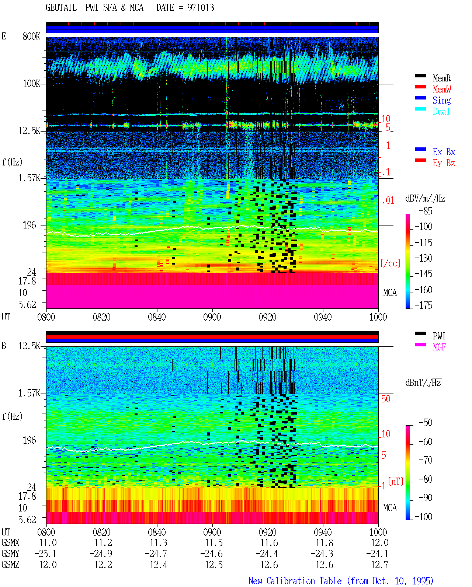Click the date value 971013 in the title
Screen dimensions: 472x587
tap(201, 7)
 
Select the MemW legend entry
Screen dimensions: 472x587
tap(442, 89)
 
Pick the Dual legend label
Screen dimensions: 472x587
tap(441, 111)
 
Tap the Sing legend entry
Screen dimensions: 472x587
tap(442, 100)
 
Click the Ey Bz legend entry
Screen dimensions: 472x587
tap(444, 163)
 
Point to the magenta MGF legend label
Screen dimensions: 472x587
tap(439, 347)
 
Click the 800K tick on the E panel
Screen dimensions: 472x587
tap(31, 36)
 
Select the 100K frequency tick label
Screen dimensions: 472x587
tap(31, 84)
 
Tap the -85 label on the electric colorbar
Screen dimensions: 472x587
tap(426, 211)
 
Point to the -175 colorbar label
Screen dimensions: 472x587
tap(423, 305)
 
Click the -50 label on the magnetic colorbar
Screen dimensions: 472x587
tap(426, 423)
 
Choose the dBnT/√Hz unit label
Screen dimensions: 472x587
tap(423, 382)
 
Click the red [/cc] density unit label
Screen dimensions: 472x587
tap(391, 263)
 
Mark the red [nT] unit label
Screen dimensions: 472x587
tap(396, 481)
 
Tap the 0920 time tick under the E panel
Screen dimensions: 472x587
tap(268, 317)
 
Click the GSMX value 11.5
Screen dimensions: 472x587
tap(214, 542)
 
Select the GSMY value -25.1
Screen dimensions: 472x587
tap(45, 553)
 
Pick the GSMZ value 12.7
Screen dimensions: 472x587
tap(379, 565)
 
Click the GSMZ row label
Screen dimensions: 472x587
tap(10, 565)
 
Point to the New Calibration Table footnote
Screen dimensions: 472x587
tap(341, 581)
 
